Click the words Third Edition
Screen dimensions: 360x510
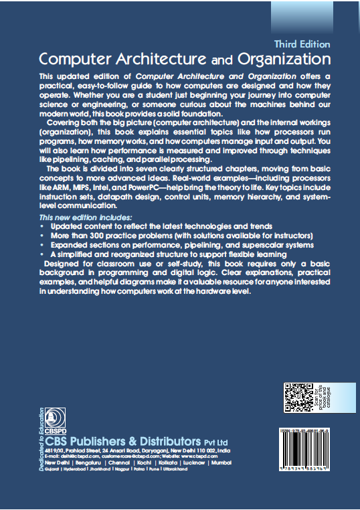point(302,44)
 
